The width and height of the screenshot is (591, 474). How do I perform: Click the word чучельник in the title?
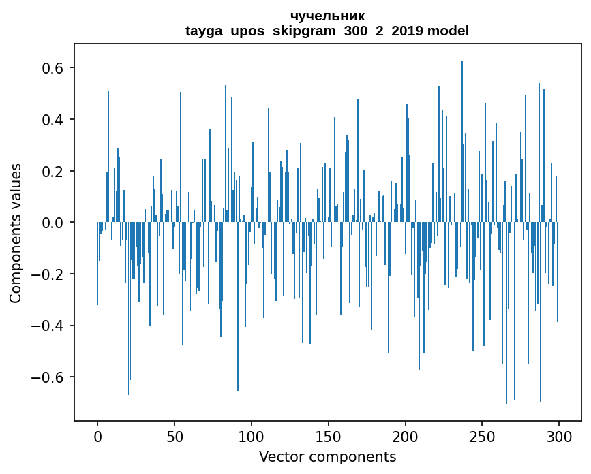click(327, 16)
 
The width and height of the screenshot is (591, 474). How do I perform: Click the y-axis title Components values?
click(16, 233)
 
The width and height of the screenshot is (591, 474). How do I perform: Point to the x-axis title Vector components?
click(327, 456)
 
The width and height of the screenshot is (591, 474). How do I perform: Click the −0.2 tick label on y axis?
click(49, 274)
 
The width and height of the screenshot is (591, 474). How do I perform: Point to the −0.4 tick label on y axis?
click(49, 326)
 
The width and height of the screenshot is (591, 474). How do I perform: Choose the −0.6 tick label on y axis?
click(49, 377)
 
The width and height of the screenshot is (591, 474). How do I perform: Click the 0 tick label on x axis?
click(97, 436)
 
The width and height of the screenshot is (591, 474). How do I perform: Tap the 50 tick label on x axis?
click(175, 436)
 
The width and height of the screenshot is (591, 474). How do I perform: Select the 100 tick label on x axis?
click(252, 436)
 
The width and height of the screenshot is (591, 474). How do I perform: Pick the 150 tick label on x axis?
click(329, 436)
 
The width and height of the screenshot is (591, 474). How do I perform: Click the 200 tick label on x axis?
click(406, 436)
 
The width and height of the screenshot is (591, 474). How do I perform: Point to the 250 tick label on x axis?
click(483, 436)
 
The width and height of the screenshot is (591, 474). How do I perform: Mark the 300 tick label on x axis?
click(560, 436)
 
